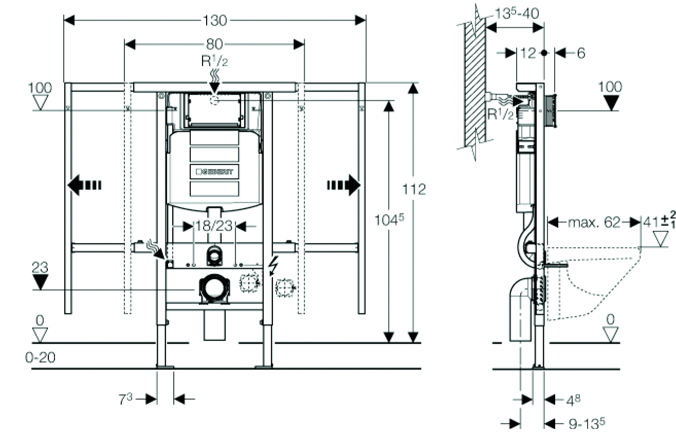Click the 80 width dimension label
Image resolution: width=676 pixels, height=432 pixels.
(214, 44)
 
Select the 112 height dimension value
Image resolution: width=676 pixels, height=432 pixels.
(415, 190)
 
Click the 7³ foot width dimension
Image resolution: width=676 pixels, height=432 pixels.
(126, 399)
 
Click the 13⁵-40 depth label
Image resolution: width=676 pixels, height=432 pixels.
(517, 13)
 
